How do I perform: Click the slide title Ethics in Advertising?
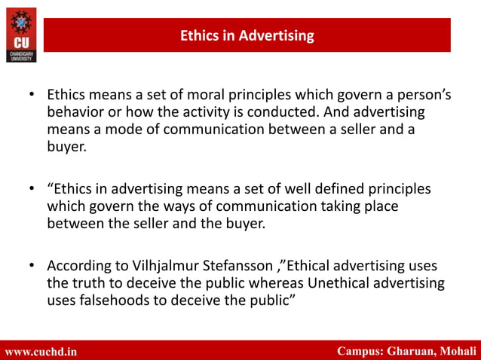(x=247, y=35)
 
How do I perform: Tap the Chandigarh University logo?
(x=20, y=34)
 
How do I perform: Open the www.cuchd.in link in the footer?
(x=41, y=351)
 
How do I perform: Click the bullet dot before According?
(x=32, y=266)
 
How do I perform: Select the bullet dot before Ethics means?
(x=32, y=96)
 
